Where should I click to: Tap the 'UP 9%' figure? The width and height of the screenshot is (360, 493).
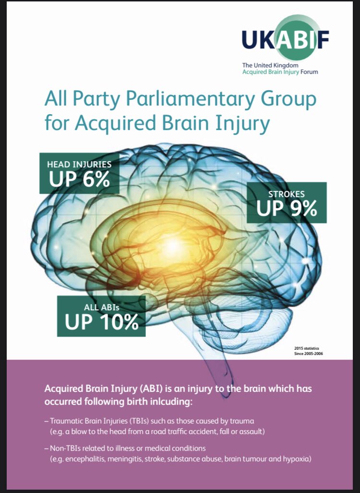point(287,208)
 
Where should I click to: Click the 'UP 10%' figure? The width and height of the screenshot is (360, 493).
point(102,321)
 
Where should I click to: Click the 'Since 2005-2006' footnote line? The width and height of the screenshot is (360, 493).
point(309,353)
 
